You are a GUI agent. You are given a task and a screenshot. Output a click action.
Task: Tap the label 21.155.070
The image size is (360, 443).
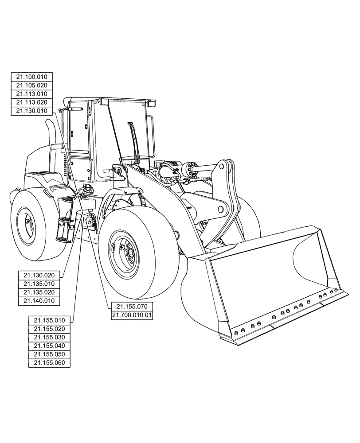pos(132,307)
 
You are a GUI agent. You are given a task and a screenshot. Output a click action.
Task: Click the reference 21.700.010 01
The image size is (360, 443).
pos(132,315)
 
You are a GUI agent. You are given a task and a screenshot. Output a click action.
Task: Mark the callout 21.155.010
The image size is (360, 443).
pos(50,320)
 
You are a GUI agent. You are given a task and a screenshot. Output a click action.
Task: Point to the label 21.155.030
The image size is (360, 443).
pos(50,337)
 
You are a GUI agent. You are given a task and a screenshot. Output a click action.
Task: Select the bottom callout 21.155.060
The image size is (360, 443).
pos(50,362)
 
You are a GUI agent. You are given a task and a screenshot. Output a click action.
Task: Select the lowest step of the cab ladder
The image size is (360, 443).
pos(61,239)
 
